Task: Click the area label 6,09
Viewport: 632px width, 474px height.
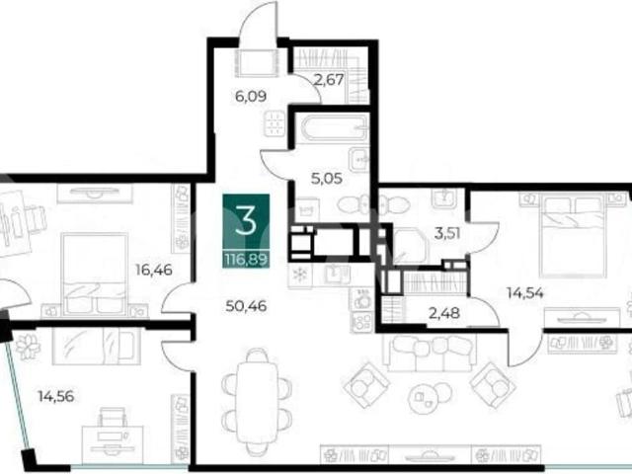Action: pyautogui.click(x=251, y=97)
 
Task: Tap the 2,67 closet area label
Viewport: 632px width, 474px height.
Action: pyautogui.click(x=329, y=80)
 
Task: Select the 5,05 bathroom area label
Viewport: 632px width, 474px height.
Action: pyautogui.click(x=327, y=178)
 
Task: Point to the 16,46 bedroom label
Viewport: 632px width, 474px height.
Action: pyautogui.click(x=154, y=270)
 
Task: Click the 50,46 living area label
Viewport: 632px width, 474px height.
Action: pyautogui.click(x=246, y=306)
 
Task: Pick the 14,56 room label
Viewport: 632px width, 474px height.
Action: pyautogui.click(x=56, y=396)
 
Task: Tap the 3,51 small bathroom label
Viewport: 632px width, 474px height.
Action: pyautogui.click(x=447, y=233)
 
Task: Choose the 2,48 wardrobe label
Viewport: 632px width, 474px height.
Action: pyautogui.click(x=444, y=313)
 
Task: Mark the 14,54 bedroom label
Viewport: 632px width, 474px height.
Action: pyautogui.click(x=525, y=292)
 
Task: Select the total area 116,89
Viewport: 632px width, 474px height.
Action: pyautogui.click(x=246, y=260)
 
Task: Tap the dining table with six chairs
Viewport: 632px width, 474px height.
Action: pyautogui.click(x=257, y=397)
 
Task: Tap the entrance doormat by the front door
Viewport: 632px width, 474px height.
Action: pyautogui.click(x=257, y=63)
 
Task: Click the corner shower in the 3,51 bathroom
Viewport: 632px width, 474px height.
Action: pyautogui.click(x=410, y=246)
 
